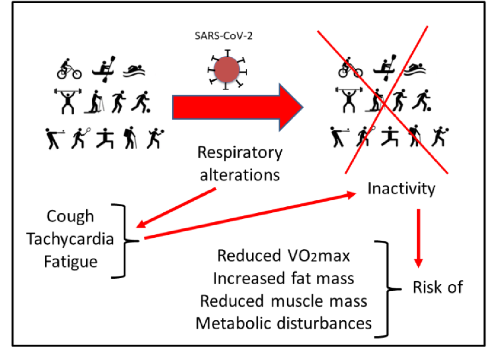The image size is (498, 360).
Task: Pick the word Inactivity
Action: [x=401, y=188]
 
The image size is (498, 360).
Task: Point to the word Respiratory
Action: [x=240, y=153]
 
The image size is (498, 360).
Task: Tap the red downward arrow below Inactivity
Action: [x=418, y=238]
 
